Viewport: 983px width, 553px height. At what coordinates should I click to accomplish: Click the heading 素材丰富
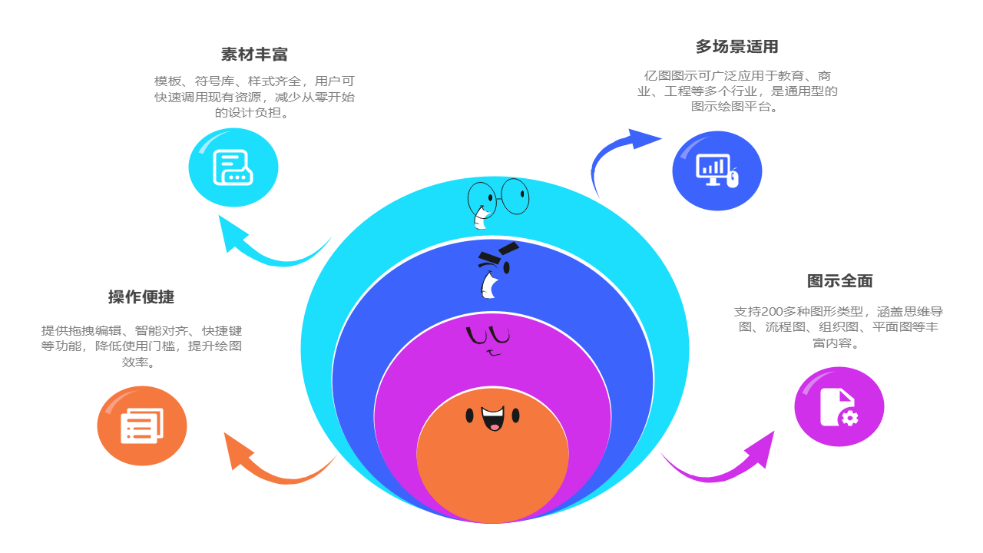[x=254, y=55]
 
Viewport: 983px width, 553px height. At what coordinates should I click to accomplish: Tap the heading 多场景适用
[x=736, y=47]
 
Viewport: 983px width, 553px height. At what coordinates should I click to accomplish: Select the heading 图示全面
[x=839, y=281]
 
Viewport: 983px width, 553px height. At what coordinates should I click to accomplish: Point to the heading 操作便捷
[x=141, y=297]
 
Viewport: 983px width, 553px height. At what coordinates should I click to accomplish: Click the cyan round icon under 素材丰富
[x=233, y=167]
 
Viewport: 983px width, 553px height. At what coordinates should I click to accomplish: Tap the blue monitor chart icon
[x=717, y=171]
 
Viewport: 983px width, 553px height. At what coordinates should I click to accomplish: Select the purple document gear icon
[x=839, y=406]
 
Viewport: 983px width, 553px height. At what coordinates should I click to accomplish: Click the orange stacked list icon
[x=142, y=426]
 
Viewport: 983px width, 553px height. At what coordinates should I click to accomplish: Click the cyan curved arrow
[x=269, y=250]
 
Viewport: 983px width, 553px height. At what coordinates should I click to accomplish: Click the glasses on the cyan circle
[x=499, y=197]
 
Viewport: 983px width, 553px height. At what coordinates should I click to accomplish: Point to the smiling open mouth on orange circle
[x=492, y=419]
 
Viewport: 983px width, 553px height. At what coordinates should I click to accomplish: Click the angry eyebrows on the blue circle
[x=499, y=253]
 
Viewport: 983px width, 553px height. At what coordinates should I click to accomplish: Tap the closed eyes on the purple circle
[x=488, y=336]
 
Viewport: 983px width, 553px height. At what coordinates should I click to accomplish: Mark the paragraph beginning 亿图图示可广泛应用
[x=736, y=91]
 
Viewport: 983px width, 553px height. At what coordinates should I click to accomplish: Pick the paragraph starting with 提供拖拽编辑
[x=141, y=346]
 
